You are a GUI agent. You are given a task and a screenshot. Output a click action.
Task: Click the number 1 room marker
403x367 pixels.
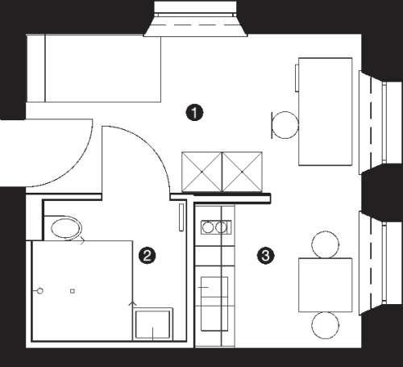pyautogui.click(x=194, y=112)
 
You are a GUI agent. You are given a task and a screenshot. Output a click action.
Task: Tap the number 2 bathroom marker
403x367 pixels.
pyautogui.click(x=147, y=256)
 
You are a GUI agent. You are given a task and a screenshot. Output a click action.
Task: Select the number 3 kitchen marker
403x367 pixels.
pyautogui.click(x=265, y=256)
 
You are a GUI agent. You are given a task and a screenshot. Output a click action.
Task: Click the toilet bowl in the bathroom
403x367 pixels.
pyautogui.click(x=66, y=228)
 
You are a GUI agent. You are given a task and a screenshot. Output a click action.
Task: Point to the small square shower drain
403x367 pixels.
pyautogui.click(x=72, y=291)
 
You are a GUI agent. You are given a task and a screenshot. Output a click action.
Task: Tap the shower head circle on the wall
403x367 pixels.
pyautogui.click(x=40, y=290)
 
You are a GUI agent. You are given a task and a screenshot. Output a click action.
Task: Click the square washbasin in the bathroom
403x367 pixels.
pyautogui.click(x=152, y=324)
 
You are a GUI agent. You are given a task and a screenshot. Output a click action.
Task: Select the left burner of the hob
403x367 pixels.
pyautogui.click(x=207, y=227)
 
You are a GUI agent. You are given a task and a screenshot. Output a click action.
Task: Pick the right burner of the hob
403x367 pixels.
pyautogui.click(x=221, y=227)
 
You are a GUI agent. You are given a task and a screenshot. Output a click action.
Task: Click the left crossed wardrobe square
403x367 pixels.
pyautogui.click(x=201, y=172)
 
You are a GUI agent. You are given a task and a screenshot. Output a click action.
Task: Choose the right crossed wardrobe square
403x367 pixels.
pyautogui.click(x=242, y=172)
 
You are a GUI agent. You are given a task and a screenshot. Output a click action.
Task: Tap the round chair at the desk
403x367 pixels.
pyautogui.click(x=285, y=125)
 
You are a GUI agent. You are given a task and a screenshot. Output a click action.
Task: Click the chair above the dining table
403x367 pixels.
pyautogui.click(x=325, y=244)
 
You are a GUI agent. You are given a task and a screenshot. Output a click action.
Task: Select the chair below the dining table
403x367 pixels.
pyautogui.click(x=325, y=325)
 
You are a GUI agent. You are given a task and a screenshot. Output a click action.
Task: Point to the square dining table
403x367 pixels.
pyautogui.click(x=326, y=285)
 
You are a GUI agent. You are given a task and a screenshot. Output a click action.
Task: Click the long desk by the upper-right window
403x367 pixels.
pyautogui.click(x=326, y=111)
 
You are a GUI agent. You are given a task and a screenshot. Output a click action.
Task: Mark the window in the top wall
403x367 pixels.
pyautogui.click(x=195, y=19)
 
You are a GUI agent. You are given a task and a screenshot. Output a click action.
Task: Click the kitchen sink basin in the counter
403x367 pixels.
pyautogui.click(x=214, y=304)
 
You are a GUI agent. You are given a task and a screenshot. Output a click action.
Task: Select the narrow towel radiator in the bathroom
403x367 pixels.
pyautogui.click(x=181, y=217)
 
